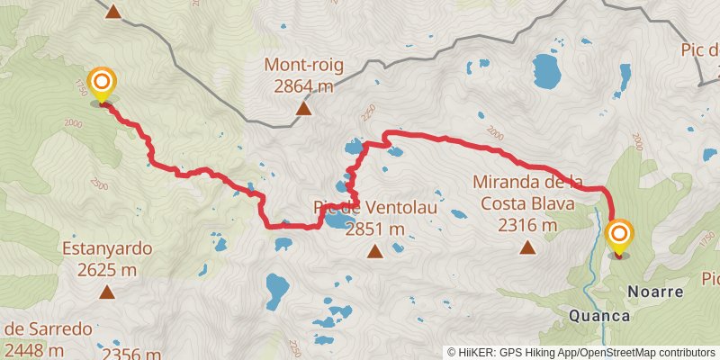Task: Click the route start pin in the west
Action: (x=101, y=84)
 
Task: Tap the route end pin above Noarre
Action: (x=619, y=237)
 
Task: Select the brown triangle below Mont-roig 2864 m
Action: (x=304, y=110)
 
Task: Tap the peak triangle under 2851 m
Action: (x=375, y=252)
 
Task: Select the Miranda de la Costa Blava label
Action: (x=527, y=193)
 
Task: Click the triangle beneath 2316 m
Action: (x=527, y=247)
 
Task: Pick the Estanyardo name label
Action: (x=107, y=248)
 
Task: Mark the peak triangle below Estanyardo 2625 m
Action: (x=107, y=292)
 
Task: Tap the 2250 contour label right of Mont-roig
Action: (x=364, y=114)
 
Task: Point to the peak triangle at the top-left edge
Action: (x=113, y=12)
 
